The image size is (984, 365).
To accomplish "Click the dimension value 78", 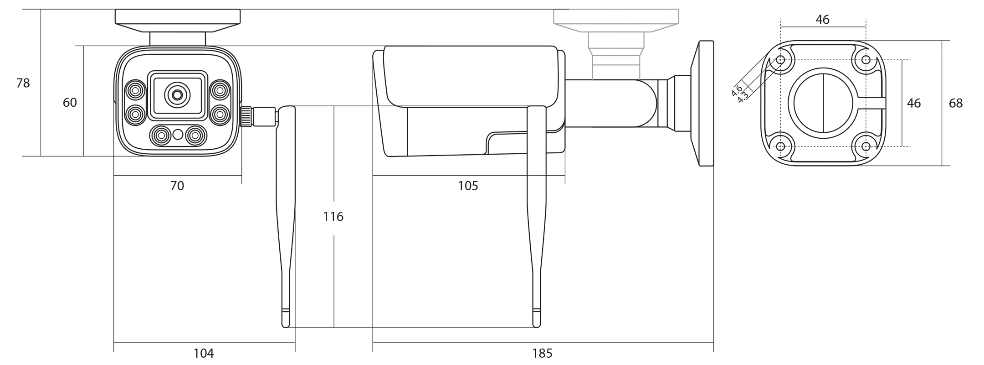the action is pyautogui.click(x=23, y=83).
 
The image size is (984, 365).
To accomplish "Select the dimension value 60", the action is pyautogui.click(x=70, y=103).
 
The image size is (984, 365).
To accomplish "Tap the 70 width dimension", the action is pyautogui.click(x=177, y=186).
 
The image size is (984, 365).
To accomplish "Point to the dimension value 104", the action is pyautogui.click(x=204, y=353).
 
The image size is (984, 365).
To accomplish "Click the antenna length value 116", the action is pyautogui.click(x=333, y=216).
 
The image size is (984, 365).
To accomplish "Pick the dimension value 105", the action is pyautogui.click(x=468, y=186).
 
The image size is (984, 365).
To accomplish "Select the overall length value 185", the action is pyautogui.click(x=542, y=353).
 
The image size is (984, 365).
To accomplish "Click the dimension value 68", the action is pyautogui.click(x=956, y=103).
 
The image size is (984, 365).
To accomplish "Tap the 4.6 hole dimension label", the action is pyautogui.click(x=737, y=90).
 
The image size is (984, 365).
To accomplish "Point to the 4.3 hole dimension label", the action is pyautogui.click(x=743, y=96).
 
